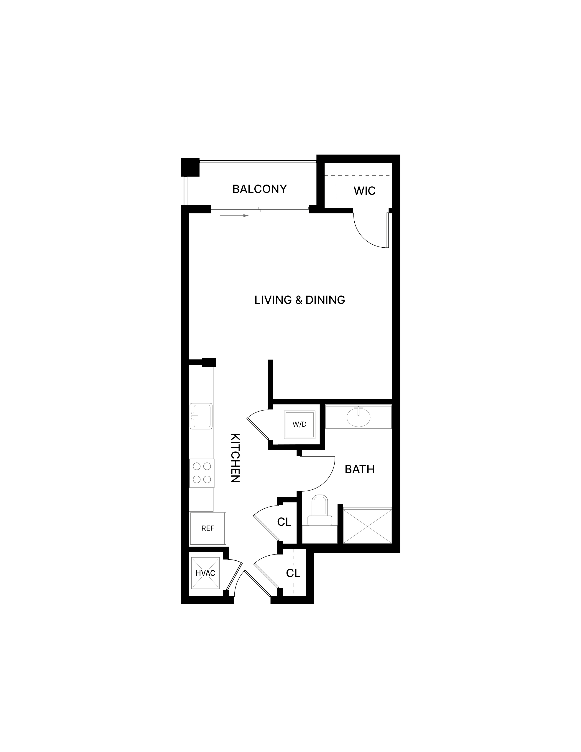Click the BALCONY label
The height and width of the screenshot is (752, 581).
pyautogui.click(x=259, y=189)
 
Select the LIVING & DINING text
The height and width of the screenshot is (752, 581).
pyautogui.click(x=300, y=300)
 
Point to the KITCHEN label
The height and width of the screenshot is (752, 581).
pyautogui.click(x=235, y=458)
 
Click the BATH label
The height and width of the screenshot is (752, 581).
pyautogui.click(x=360, y=469)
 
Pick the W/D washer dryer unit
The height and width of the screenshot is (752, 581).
pyautogui.click(x=299, y=425)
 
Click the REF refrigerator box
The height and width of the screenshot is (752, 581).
pyautogui.click(x=208, y=528)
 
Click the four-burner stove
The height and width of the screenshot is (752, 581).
pyautogui.click(x=202, y=473)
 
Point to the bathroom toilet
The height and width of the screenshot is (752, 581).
pyautogui.click(x=320, y=510)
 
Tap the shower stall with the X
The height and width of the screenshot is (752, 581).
pyautogui.click(x=368, y=526)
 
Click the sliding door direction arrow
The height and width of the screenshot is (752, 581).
pyautogui.click(x=234, y=216)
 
